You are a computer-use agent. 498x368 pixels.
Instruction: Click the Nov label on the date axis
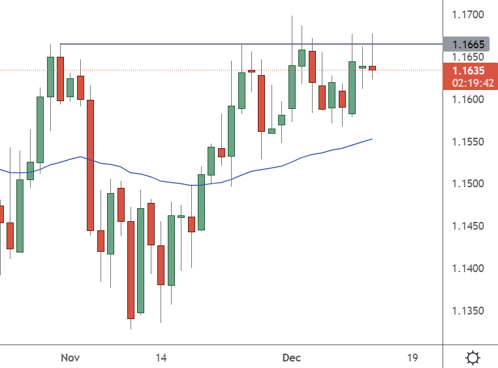tap(69, 358)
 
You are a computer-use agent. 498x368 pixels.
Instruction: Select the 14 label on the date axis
tap(161, 358)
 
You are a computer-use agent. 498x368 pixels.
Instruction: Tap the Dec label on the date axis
tap(291, 358)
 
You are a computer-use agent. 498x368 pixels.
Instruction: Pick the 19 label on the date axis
tap(412, 358)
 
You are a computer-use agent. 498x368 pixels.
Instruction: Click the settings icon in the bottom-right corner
tap(473, 358)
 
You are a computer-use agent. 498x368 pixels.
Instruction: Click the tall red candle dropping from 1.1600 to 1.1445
tap(91, 165)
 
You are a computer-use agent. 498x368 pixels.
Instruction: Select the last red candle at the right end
tap(372, 68)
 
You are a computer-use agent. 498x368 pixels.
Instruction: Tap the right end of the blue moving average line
tap(372, 139)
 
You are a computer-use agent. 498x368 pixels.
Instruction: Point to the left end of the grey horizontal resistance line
tap(61, 44)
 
